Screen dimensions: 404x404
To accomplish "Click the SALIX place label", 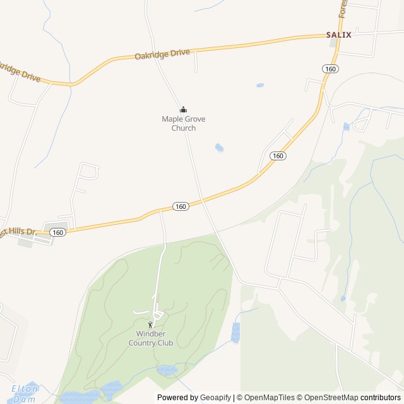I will click(338, 35).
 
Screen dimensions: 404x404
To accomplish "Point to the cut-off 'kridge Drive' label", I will click(20, 73).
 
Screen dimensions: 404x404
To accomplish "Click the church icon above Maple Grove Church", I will click(184, 109).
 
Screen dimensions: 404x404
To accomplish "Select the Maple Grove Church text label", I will click(184, 123).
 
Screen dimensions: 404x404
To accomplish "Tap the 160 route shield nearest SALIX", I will click(330, 68).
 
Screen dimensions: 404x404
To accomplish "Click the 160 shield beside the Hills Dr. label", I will click(58, 232).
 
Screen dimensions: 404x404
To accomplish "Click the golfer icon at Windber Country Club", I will click(150, 324).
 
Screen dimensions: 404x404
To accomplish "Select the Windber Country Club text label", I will click(150, 338).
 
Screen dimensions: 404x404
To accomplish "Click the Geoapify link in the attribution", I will click(215, 398).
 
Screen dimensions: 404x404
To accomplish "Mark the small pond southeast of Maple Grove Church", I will click(219, 148).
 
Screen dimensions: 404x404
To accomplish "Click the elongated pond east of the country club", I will click(235, 332).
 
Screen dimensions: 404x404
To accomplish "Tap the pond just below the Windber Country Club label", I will click(167, 370).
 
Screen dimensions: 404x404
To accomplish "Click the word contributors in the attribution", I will click(381, 398).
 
